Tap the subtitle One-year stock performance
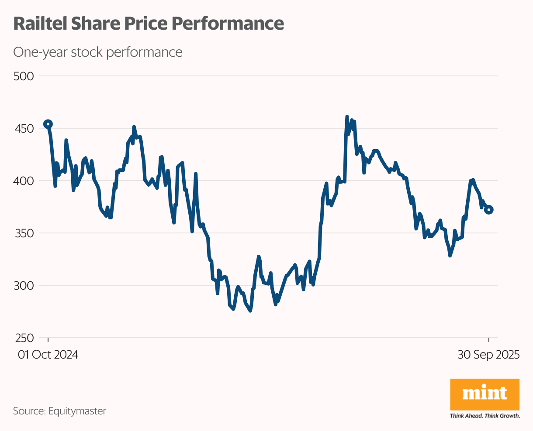[97, 52]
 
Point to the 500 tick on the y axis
[24, 76]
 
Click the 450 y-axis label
[24, 129]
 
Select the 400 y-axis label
[24, 181]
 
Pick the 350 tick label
[24, 233]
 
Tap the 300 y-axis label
[24, 285]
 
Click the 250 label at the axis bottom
[24, 338]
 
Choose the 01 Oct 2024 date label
[48, 355]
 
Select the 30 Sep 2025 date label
[488, 355]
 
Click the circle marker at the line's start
[48, 124]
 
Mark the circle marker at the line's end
[489, 210]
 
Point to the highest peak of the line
[347, 117]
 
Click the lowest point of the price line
[250, 311]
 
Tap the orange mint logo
[485, 394]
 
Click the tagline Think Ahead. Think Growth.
[485, 416]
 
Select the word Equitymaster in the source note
[77, 411]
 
